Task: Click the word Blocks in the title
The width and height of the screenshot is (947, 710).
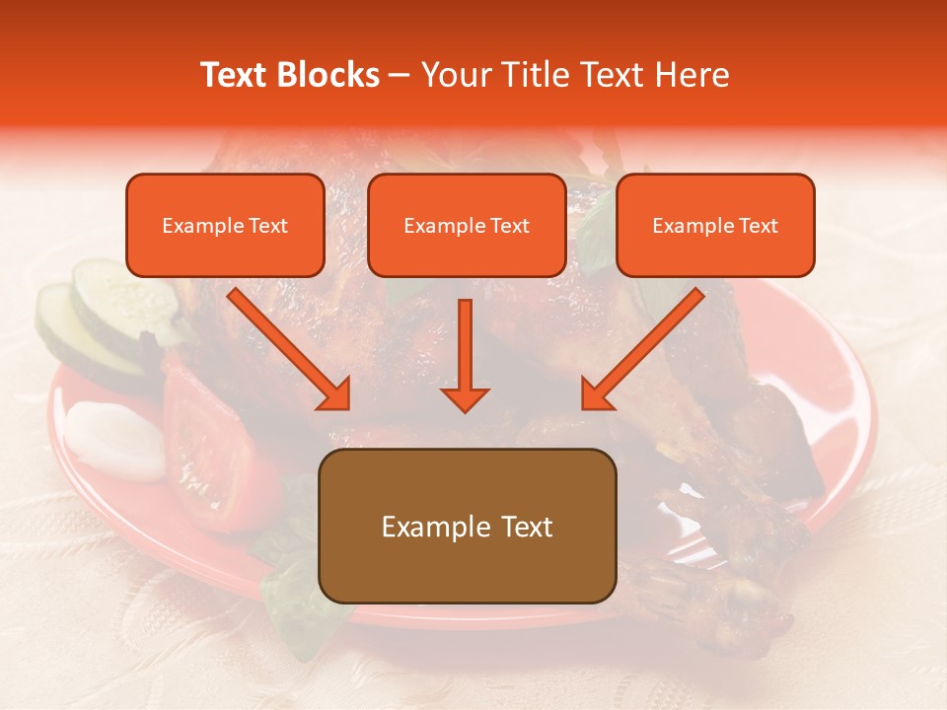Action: (330, 76)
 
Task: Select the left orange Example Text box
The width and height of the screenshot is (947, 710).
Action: (225, 226)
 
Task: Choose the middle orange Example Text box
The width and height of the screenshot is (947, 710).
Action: (467, 226)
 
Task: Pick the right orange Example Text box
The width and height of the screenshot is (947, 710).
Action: (715, 226)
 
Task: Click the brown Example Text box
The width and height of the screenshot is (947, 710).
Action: (467, 527)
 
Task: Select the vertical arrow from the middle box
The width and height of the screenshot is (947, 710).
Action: (465, 350)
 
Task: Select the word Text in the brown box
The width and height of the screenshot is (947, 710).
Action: (526, 527)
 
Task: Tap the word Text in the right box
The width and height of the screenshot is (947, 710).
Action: (758, 226)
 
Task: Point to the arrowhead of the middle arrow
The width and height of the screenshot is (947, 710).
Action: (465, 399)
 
